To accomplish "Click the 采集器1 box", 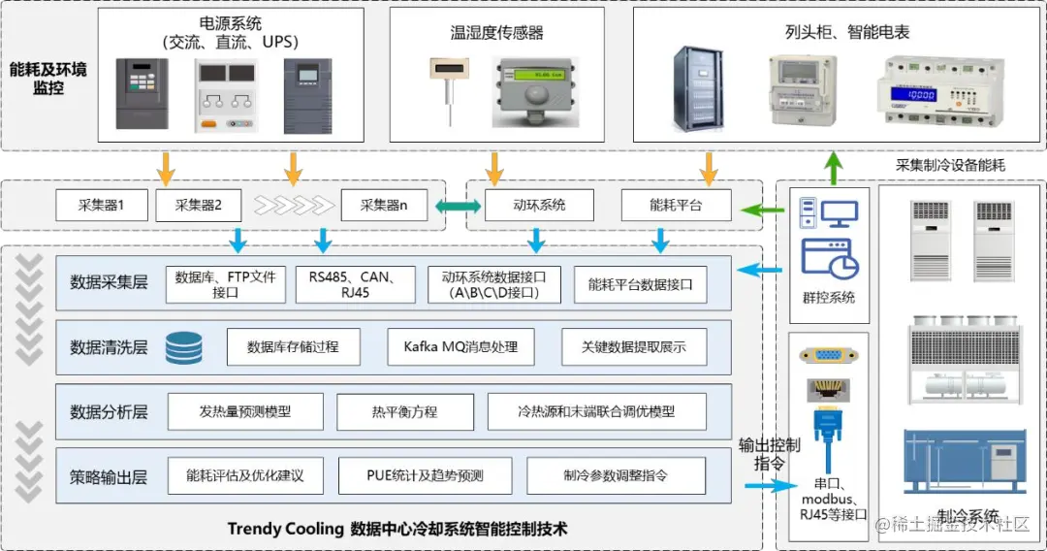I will (101, 206).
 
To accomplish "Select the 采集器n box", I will (384, 206).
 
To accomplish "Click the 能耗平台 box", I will (676, 206).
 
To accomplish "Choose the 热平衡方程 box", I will (404, 411).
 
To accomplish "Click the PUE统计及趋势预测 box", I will (425, 476).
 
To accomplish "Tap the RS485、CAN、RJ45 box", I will (355, 284).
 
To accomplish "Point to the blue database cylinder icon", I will (184, 347).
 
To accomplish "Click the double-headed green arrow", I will (458, 207).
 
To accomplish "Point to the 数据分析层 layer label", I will (109, 412).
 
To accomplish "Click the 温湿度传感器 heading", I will (496, 33).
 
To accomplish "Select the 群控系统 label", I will (829, 298).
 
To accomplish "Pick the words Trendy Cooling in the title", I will (285, 529).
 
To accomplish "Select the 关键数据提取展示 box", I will (633, 346).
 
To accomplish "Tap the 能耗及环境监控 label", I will (48, 79).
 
